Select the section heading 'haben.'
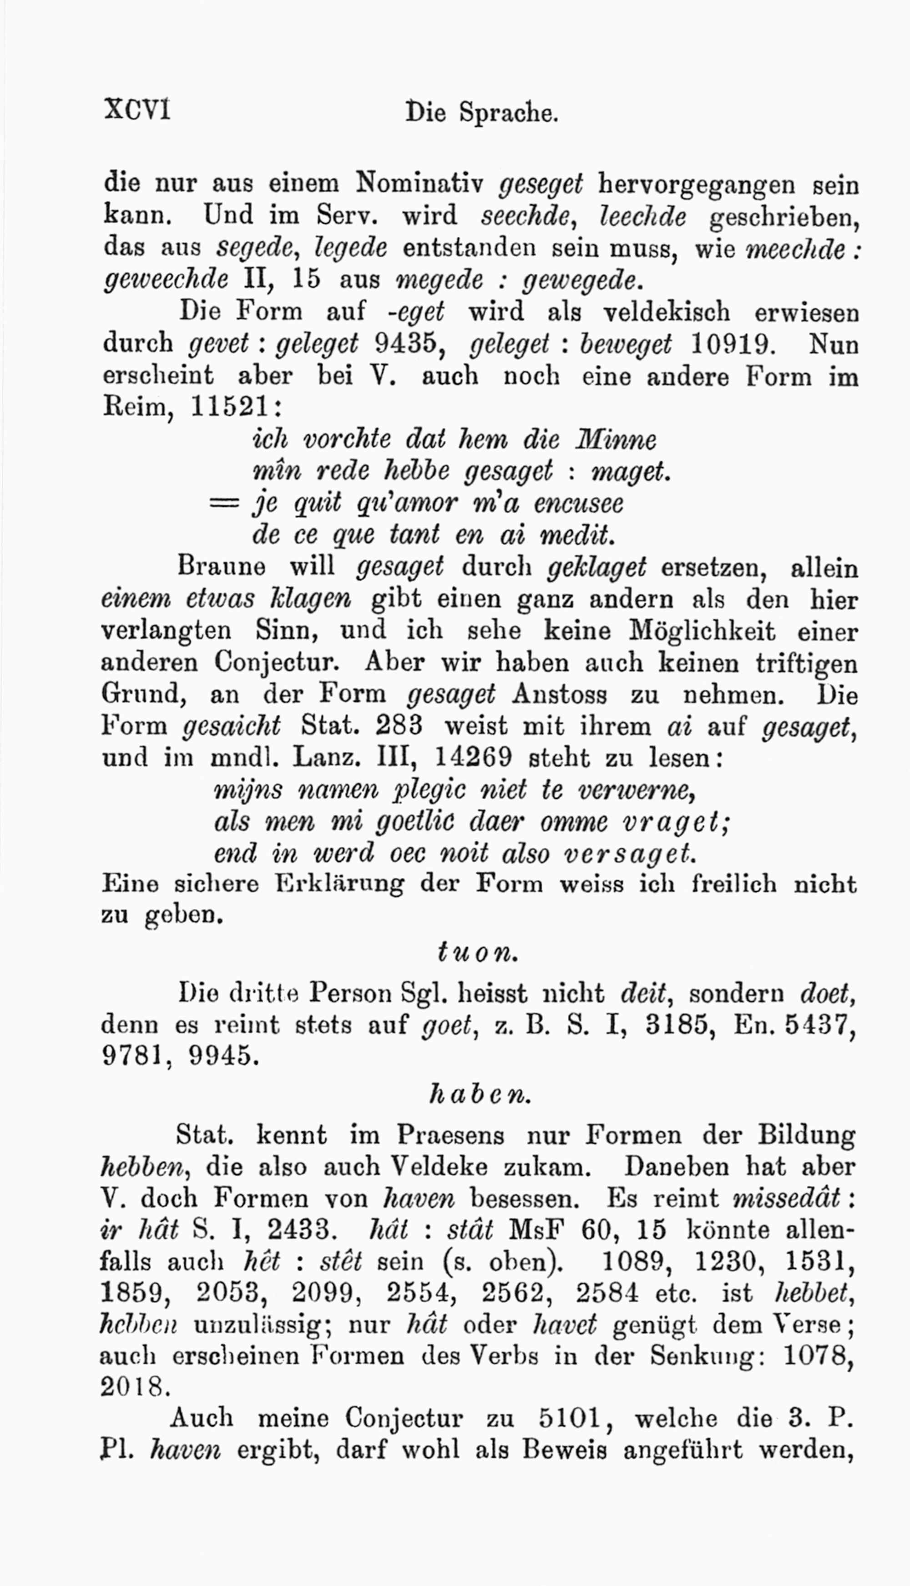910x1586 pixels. pyautogui.click(x=480, y=1094)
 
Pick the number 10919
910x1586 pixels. pyautogui.click(x=731, y=343)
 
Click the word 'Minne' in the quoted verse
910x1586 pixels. pyautogui.click(x=616, y=440)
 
